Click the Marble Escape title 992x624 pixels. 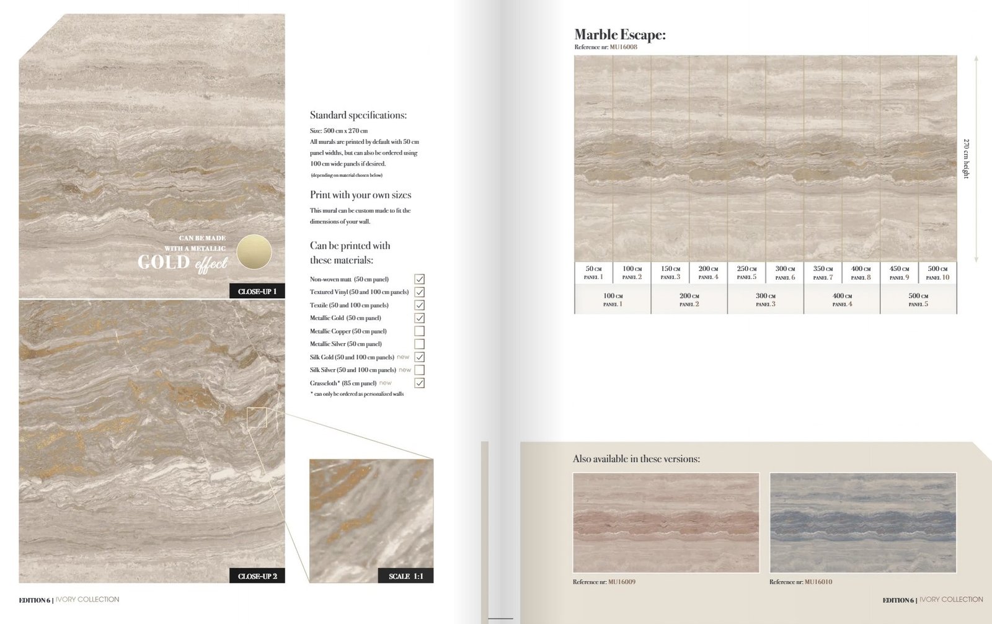coord(620,35)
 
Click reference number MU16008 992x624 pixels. coord(623,47)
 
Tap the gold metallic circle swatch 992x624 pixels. coord(254,252)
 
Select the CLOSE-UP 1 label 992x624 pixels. coord(257,292)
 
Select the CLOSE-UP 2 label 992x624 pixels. coord(257,576)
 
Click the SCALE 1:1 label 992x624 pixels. coord(406,576)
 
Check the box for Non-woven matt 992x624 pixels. coord(420,279)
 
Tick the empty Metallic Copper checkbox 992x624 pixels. coord(420,331)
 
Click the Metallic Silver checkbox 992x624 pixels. coord(420,344)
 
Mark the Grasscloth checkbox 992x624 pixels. coord(420,383)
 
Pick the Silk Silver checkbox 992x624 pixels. coord(420,370)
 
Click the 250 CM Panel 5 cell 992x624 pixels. coord(746,273)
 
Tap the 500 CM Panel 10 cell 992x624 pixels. coord(937,273)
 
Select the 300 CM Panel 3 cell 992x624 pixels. coord(766,300)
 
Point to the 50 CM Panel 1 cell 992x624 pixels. coord(593,273)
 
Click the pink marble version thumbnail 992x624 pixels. coord(666,522)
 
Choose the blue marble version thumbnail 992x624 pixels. coord(862,522)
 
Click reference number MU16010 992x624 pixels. coord(818,582)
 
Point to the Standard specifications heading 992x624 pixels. coord(358,115)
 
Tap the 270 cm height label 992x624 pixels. coord(966,159)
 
